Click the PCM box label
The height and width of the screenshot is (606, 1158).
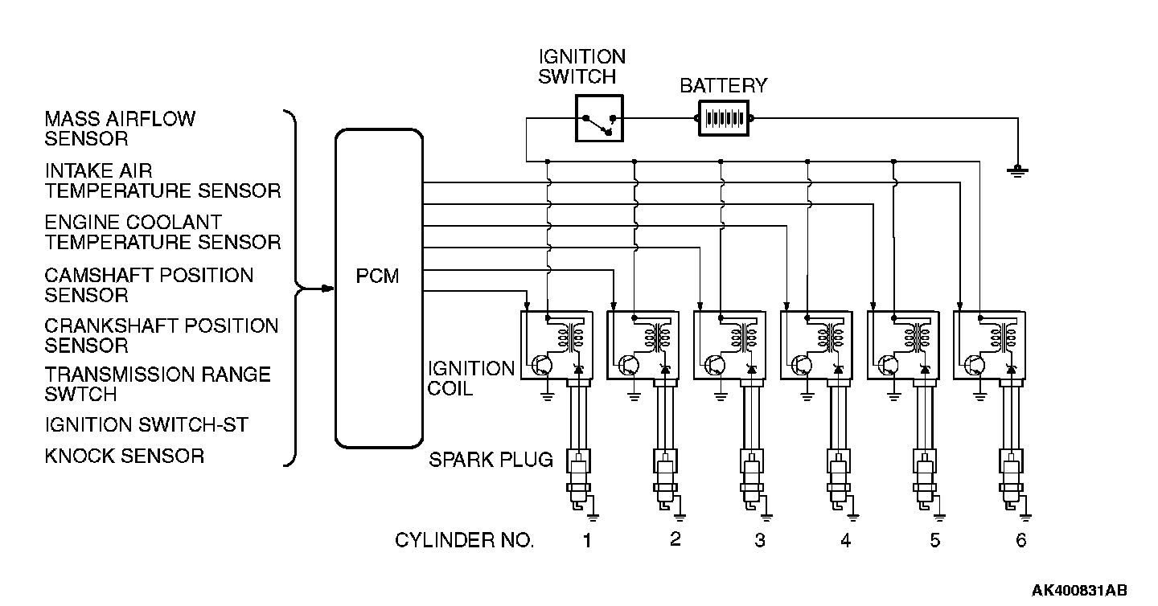coord(377,276)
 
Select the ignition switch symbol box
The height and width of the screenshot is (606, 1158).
coord(599,118)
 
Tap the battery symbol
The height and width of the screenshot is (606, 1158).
coord(724,118)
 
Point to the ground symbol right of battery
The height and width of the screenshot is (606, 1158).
coord(1017,170)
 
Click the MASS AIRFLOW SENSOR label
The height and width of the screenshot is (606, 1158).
coord(120,129)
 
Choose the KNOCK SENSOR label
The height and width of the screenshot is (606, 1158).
coord(125,457)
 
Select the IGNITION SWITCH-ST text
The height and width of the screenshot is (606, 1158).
coord(146,424)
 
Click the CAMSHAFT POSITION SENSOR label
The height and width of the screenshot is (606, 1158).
coord(149,285)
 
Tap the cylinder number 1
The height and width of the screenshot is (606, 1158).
coord(587,540)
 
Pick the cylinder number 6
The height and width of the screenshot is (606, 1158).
coord(1020,540)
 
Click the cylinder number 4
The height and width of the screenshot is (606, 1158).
coord(846,540)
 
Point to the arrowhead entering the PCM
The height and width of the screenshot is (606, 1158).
coord(328,289)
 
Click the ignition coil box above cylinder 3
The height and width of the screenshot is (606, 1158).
coord(729,345)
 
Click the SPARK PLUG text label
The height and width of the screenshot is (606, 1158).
coord(491,459)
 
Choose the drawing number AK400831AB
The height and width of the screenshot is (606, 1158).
coord(1079,590)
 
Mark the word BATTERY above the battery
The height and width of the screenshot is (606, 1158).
coord(723,86)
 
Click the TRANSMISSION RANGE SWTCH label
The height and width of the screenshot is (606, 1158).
coord(158,384)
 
